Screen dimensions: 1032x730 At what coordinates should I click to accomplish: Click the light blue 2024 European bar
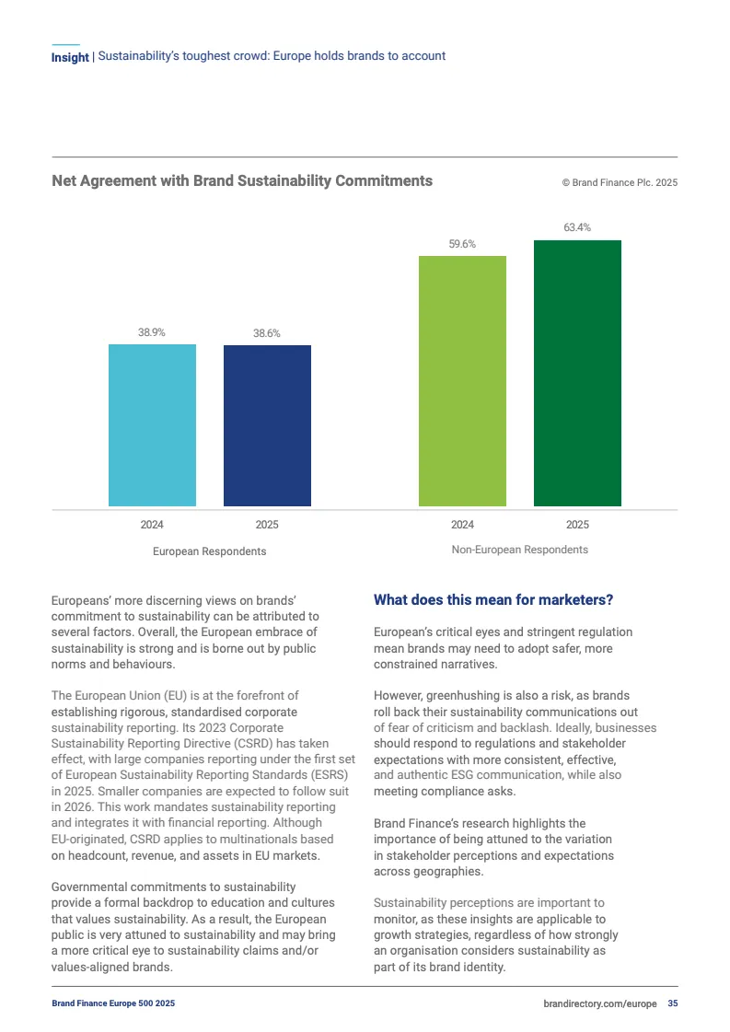pos(152,425)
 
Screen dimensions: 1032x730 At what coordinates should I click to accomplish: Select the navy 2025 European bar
pos(267,425)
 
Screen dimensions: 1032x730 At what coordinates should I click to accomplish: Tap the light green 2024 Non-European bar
pos(462,381)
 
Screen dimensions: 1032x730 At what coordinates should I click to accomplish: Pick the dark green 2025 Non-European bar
pos(577,373)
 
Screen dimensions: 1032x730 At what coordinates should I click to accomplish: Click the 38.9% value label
pos(152,332)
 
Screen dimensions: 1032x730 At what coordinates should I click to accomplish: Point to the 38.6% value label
pos(267,333)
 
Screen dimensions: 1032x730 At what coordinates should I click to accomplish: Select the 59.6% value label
pos(462,244)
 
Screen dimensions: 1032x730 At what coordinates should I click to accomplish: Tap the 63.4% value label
pos(577,227)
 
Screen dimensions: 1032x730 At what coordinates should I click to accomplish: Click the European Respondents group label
pos(209,551)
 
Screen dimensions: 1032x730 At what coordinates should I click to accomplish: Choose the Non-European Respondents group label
pos(519,550)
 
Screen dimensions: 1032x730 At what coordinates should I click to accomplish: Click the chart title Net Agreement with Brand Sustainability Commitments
pos(242,181)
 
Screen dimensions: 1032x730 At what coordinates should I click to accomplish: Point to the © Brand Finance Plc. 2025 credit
pos(620,183)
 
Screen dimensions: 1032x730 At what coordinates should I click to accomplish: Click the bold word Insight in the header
pos(70,57)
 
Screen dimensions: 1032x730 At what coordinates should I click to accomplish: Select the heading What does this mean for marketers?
pos(493,600)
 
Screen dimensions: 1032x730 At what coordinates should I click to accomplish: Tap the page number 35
pos(673,1003)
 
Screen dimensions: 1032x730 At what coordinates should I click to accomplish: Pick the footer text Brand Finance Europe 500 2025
pos(113,1003)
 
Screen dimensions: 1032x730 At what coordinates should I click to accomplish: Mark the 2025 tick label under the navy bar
pos(267,525)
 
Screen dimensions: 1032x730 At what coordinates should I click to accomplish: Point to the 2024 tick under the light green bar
pos(462,525)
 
